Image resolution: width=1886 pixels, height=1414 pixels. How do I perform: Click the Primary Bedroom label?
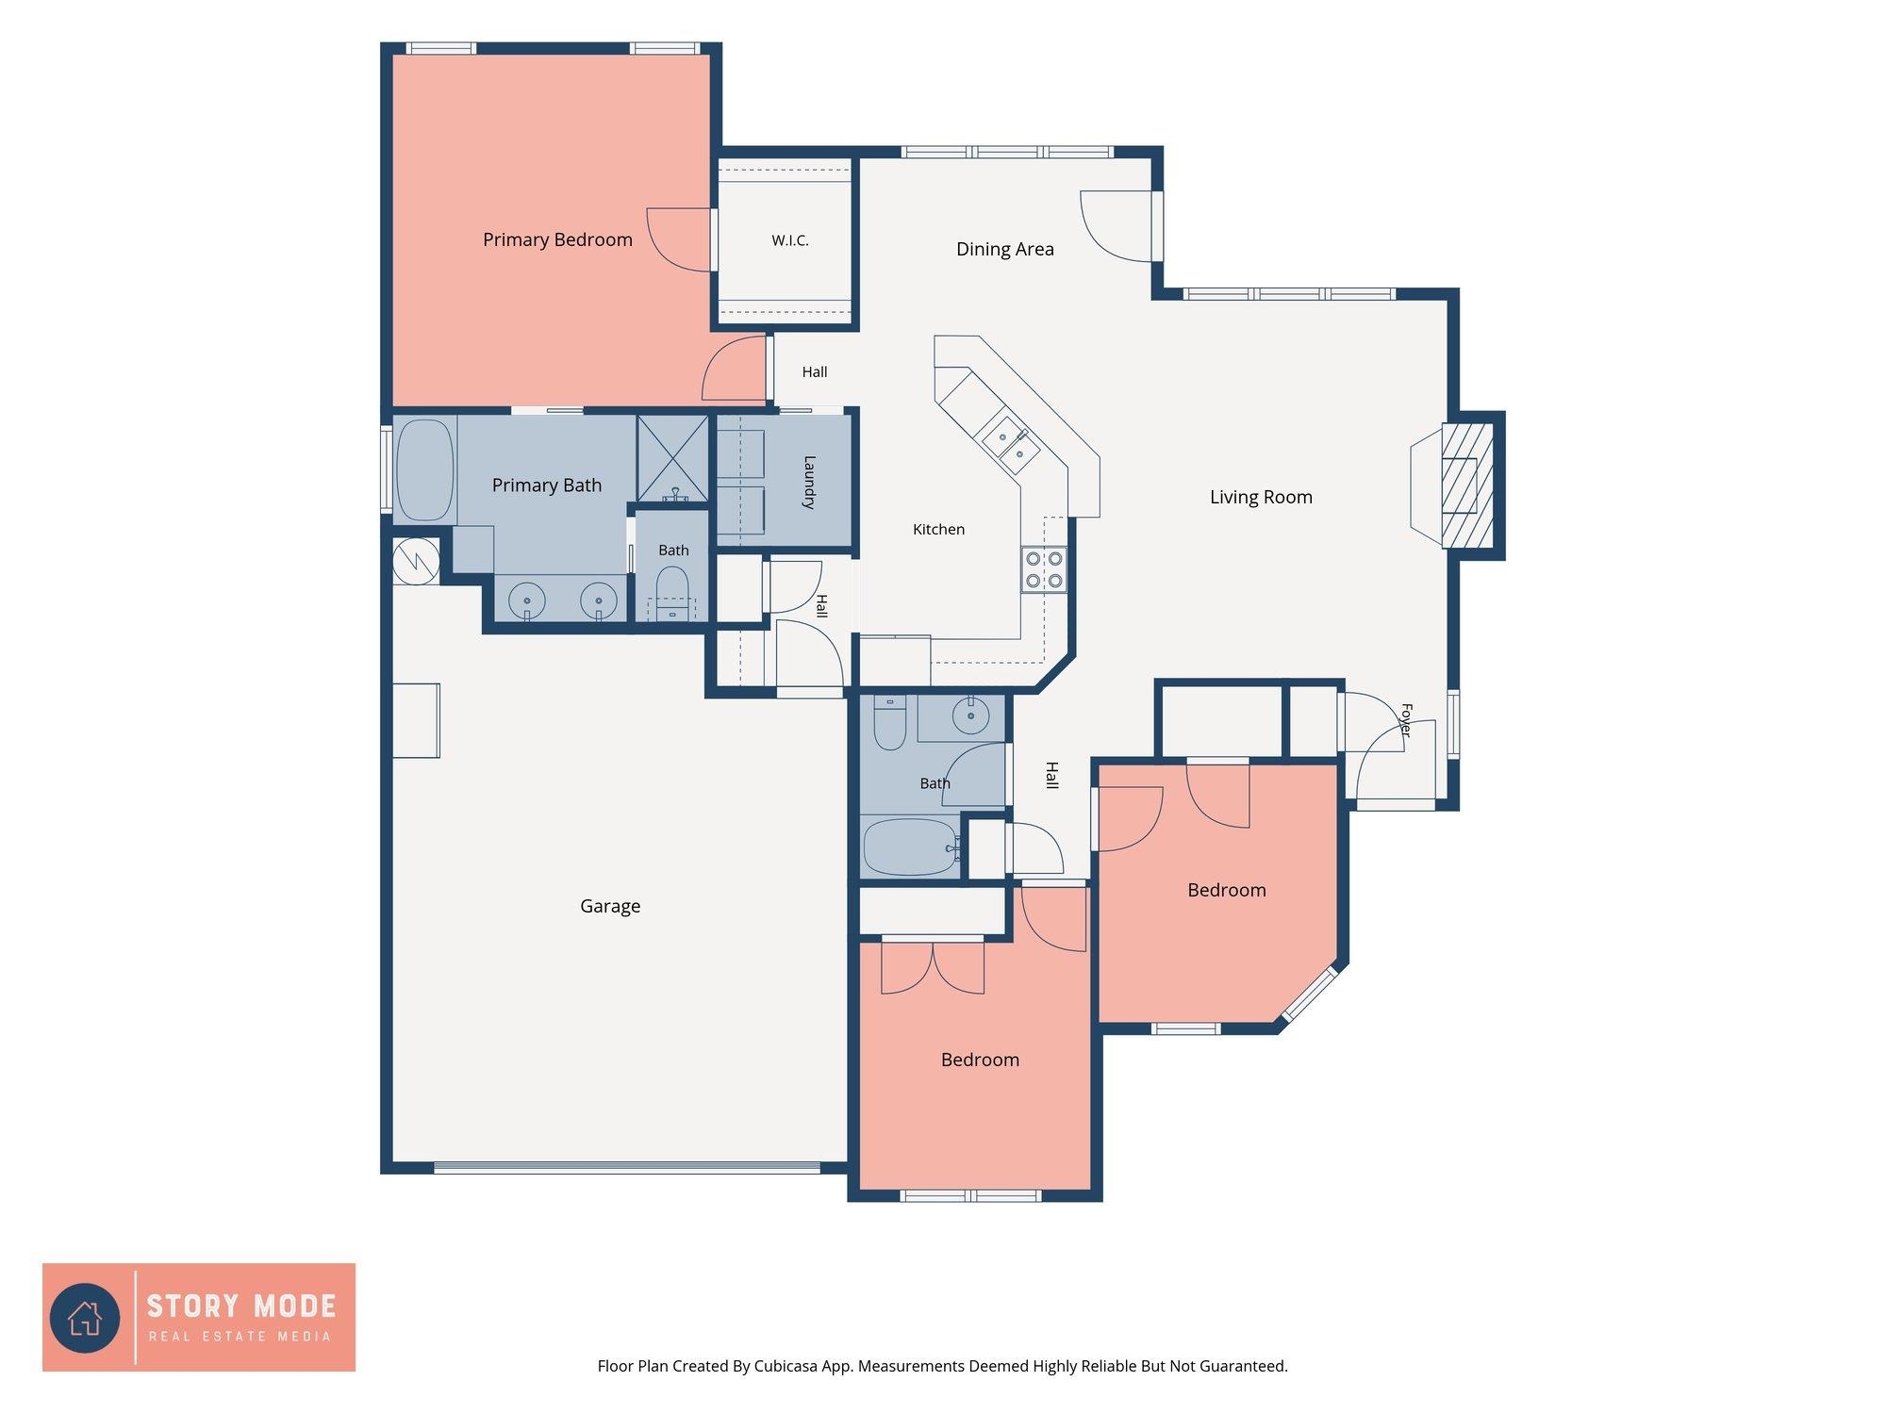(x=557, y=240)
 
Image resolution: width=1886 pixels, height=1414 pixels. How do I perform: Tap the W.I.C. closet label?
(x=790, y=240)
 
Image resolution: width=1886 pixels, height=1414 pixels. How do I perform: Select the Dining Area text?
(x=1005, y=250)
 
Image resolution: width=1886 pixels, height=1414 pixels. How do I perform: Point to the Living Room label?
(x=1261, y=498)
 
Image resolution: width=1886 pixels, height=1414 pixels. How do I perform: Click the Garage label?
(x=610, y=907)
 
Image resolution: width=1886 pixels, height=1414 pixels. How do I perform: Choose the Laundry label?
(x=809, y=483)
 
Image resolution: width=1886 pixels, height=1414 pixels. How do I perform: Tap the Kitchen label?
(x=938, y=530)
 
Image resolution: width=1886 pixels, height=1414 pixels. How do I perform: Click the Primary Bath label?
(x=547, y=485)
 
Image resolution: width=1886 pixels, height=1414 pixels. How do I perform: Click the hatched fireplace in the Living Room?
(x=1467, y=485)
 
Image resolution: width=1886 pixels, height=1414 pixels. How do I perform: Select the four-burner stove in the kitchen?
(x=1044, y=569)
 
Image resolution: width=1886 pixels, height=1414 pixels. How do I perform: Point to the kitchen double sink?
(x=1010, y=446)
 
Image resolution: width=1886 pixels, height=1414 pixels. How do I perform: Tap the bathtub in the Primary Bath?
(x=425, y=470)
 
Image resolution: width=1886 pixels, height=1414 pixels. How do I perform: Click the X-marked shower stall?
(x=672, y=459)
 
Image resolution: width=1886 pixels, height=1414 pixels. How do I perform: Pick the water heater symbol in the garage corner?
(x=416, y=562)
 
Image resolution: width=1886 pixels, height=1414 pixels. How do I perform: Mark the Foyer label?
(x=1406, y=720)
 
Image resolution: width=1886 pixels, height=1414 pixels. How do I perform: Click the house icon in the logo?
(x=85, y=1318)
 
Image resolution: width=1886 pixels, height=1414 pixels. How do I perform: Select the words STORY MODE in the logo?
(x=241, y=1307)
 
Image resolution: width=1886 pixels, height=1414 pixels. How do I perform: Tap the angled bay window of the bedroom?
(x=1310, y=995)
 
